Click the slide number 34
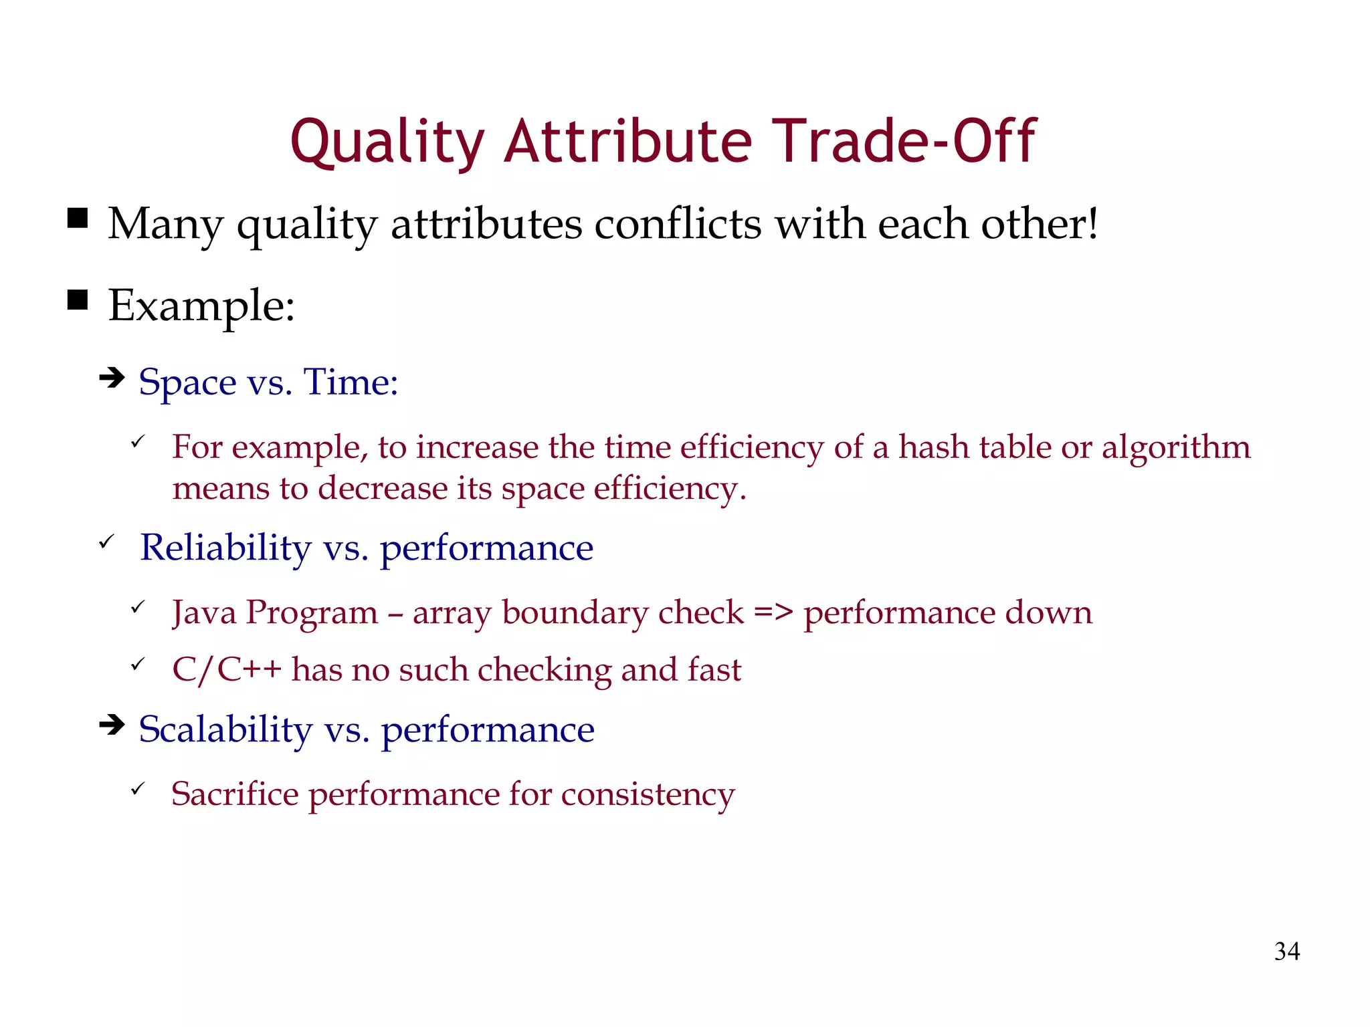pyautogui.click(x=1286, y=951)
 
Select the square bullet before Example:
pyautogui.click(x=78, y=301)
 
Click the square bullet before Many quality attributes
pyautogui.click(x=78, y=219)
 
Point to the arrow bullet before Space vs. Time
pyautogui.click(x=112, y=378)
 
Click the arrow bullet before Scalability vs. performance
pyautogui.click(x=112, y=725)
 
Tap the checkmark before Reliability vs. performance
pyautogui.click(x=106, y=542)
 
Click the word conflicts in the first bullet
pyautogui.click(x=678, y=224)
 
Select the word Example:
pyautogui.click(x=201, y=306)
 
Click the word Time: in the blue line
pyautogui.click(x=351, y=382)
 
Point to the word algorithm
pyautogui.click(x=1175, y=448)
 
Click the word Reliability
pyautogui.click(x=225, y=548)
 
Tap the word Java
pyautogui.click(x=204, y=612)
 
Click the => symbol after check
pyautogui.click(x=773, y=612)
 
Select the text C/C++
pyautogui.click(x=226, y=670)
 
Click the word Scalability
pyautogui.click(x=225, y=729)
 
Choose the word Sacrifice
pyautogui.click(x=235, y=794)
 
